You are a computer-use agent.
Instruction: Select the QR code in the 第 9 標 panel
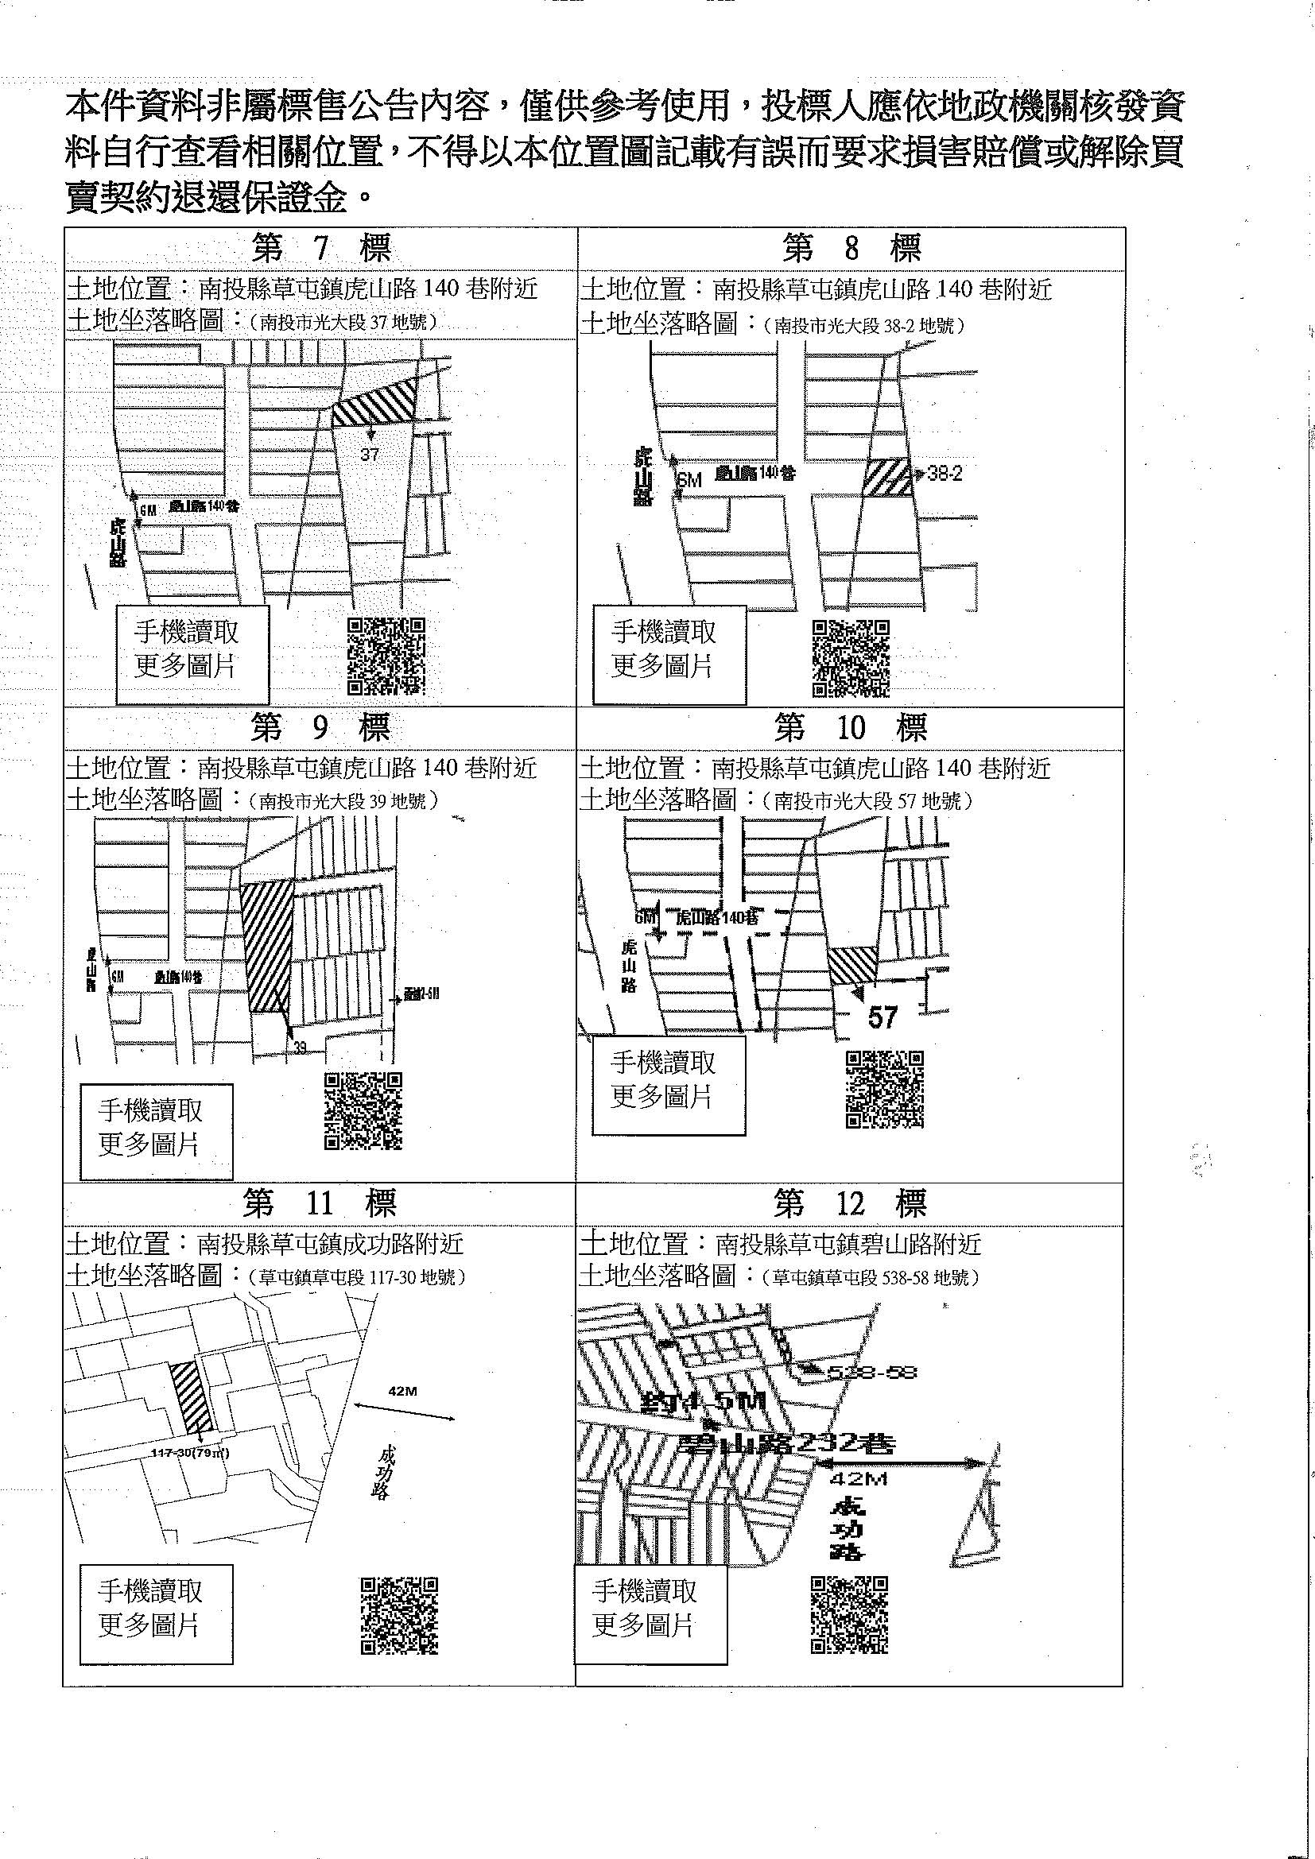[363, 1110]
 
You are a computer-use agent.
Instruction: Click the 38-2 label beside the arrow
[945, 474]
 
